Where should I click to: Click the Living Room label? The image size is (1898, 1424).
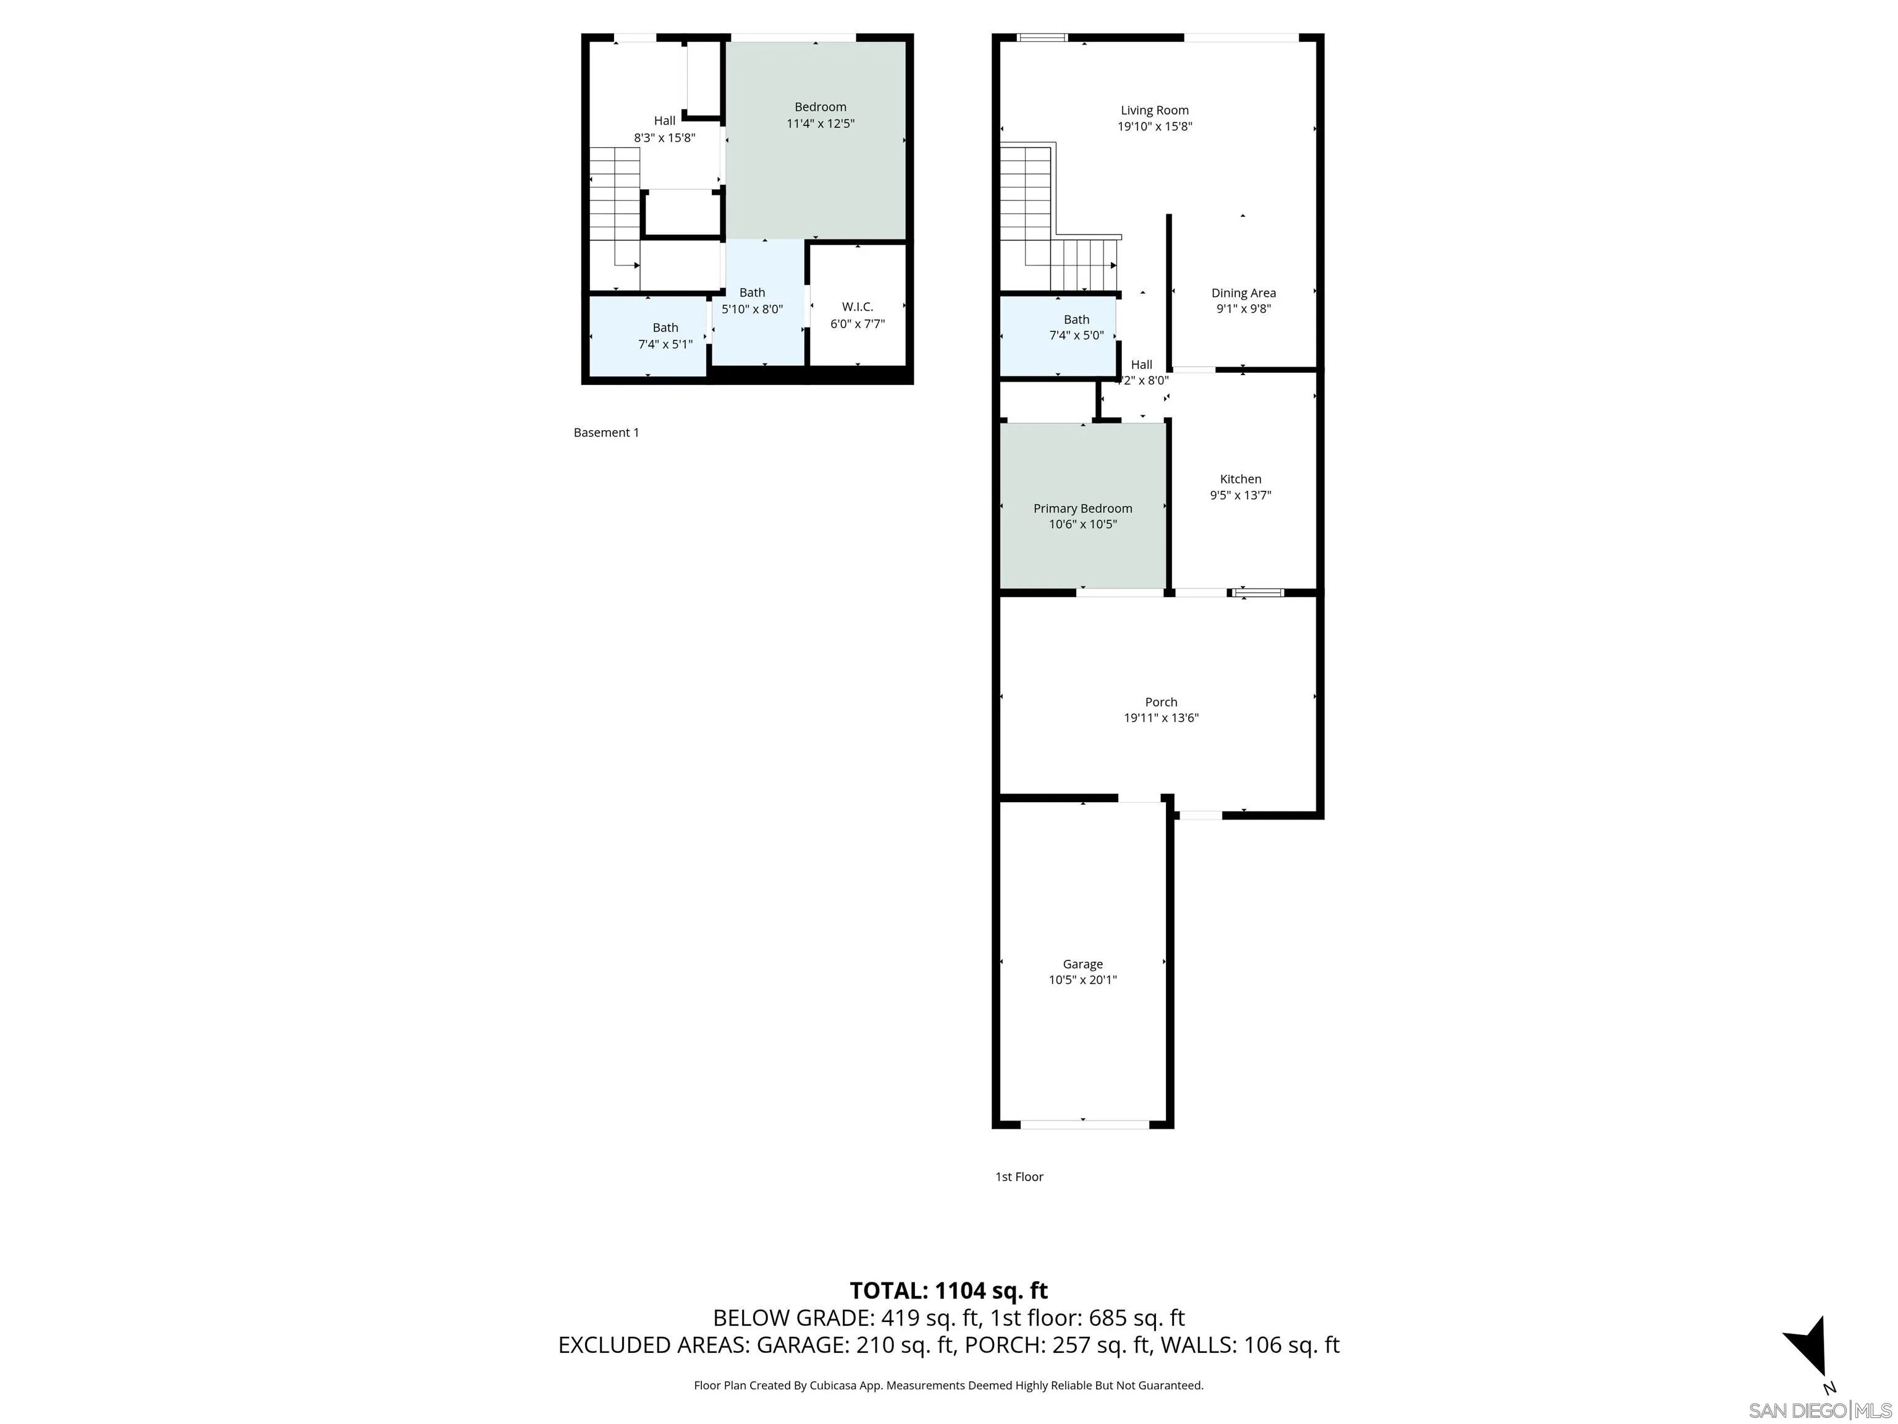(1154, 110)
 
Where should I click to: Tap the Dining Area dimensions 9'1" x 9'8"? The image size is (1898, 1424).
(1242, 309)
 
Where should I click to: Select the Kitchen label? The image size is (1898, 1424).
(1240, 479)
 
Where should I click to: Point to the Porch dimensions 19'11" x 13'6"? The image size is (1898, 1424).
(1160, 718)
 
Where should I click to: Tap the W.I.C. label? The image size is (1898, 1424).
(856, 307)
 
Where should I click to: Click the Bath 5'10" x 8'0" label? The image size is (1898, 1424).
(752, 293)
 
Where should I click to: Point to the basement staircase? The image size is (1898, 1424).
(614, 214)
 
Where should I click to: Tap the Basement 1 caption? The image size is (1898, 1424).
(605, 433)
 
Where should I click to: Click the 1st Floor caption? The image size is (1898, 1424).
(1018, 1177)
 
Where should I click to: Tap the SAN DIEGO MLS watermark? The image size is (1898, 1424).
(1819, 1410)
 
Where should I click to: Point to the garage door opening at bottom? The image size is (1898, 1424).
(1084, 1124)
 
